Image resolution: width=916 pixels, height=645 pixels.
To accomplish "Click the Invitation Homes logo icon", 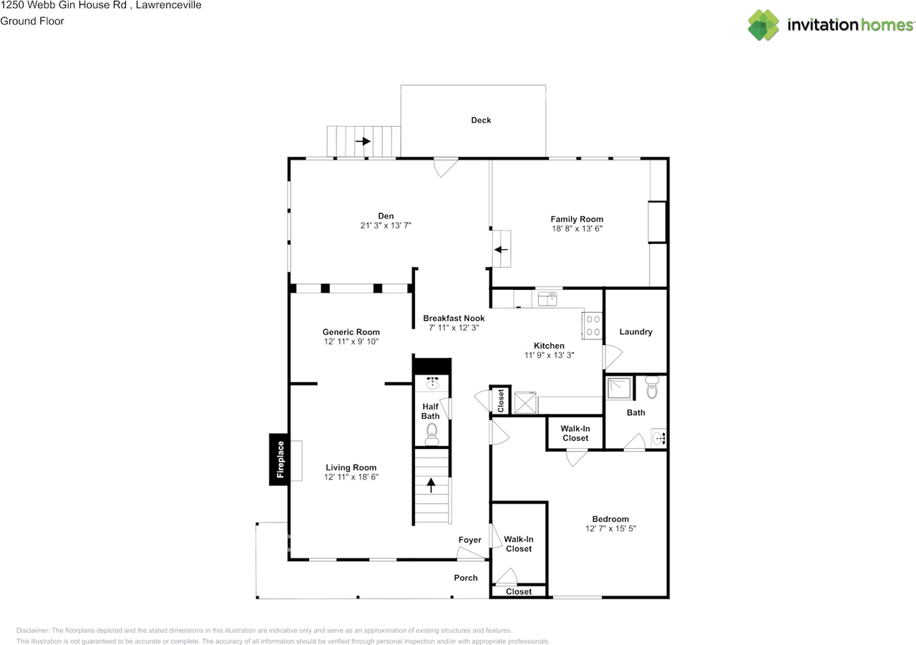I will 764,25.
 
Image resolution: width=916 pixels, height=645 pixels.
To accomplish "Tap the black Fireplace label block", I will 280,459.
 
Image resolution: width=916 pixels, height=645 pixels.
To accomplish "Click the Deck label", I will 481,120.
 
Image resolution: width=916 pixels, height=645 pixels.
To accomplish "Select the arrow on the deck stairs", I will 363,141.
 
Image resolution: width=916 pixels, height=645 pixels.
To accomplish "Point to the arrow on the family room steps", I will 501,250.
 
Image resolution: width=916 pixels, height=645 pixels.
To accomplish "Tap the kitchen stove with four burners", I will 593,326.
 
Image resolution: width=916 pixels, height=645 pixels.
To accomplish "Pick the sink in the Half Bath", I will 432,383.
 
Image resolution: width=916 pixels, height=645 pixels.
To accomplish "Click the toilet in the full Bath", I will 651,389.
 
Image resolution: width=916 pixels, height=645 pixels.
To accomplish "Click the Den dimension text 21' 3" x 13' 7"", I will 386,225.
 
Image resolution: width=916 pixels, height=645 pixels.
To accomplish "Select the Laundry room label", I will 635,331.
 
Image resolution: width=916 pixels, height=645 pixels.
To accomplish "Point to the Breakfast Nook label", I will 454,318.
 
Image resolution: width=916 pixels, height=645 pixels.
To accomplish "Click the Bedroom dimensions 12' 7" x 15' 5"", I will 610,528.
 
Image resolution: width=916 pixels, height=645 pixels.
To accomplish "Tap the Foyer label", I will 469,540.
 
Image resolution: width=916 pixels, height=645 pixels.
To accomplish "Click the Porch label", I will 465,578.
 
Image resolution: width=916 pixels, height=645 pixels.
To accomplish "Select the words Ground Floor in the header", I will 32,21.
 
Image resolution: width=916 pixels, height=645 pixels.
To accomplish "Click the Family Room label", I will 576,219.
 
